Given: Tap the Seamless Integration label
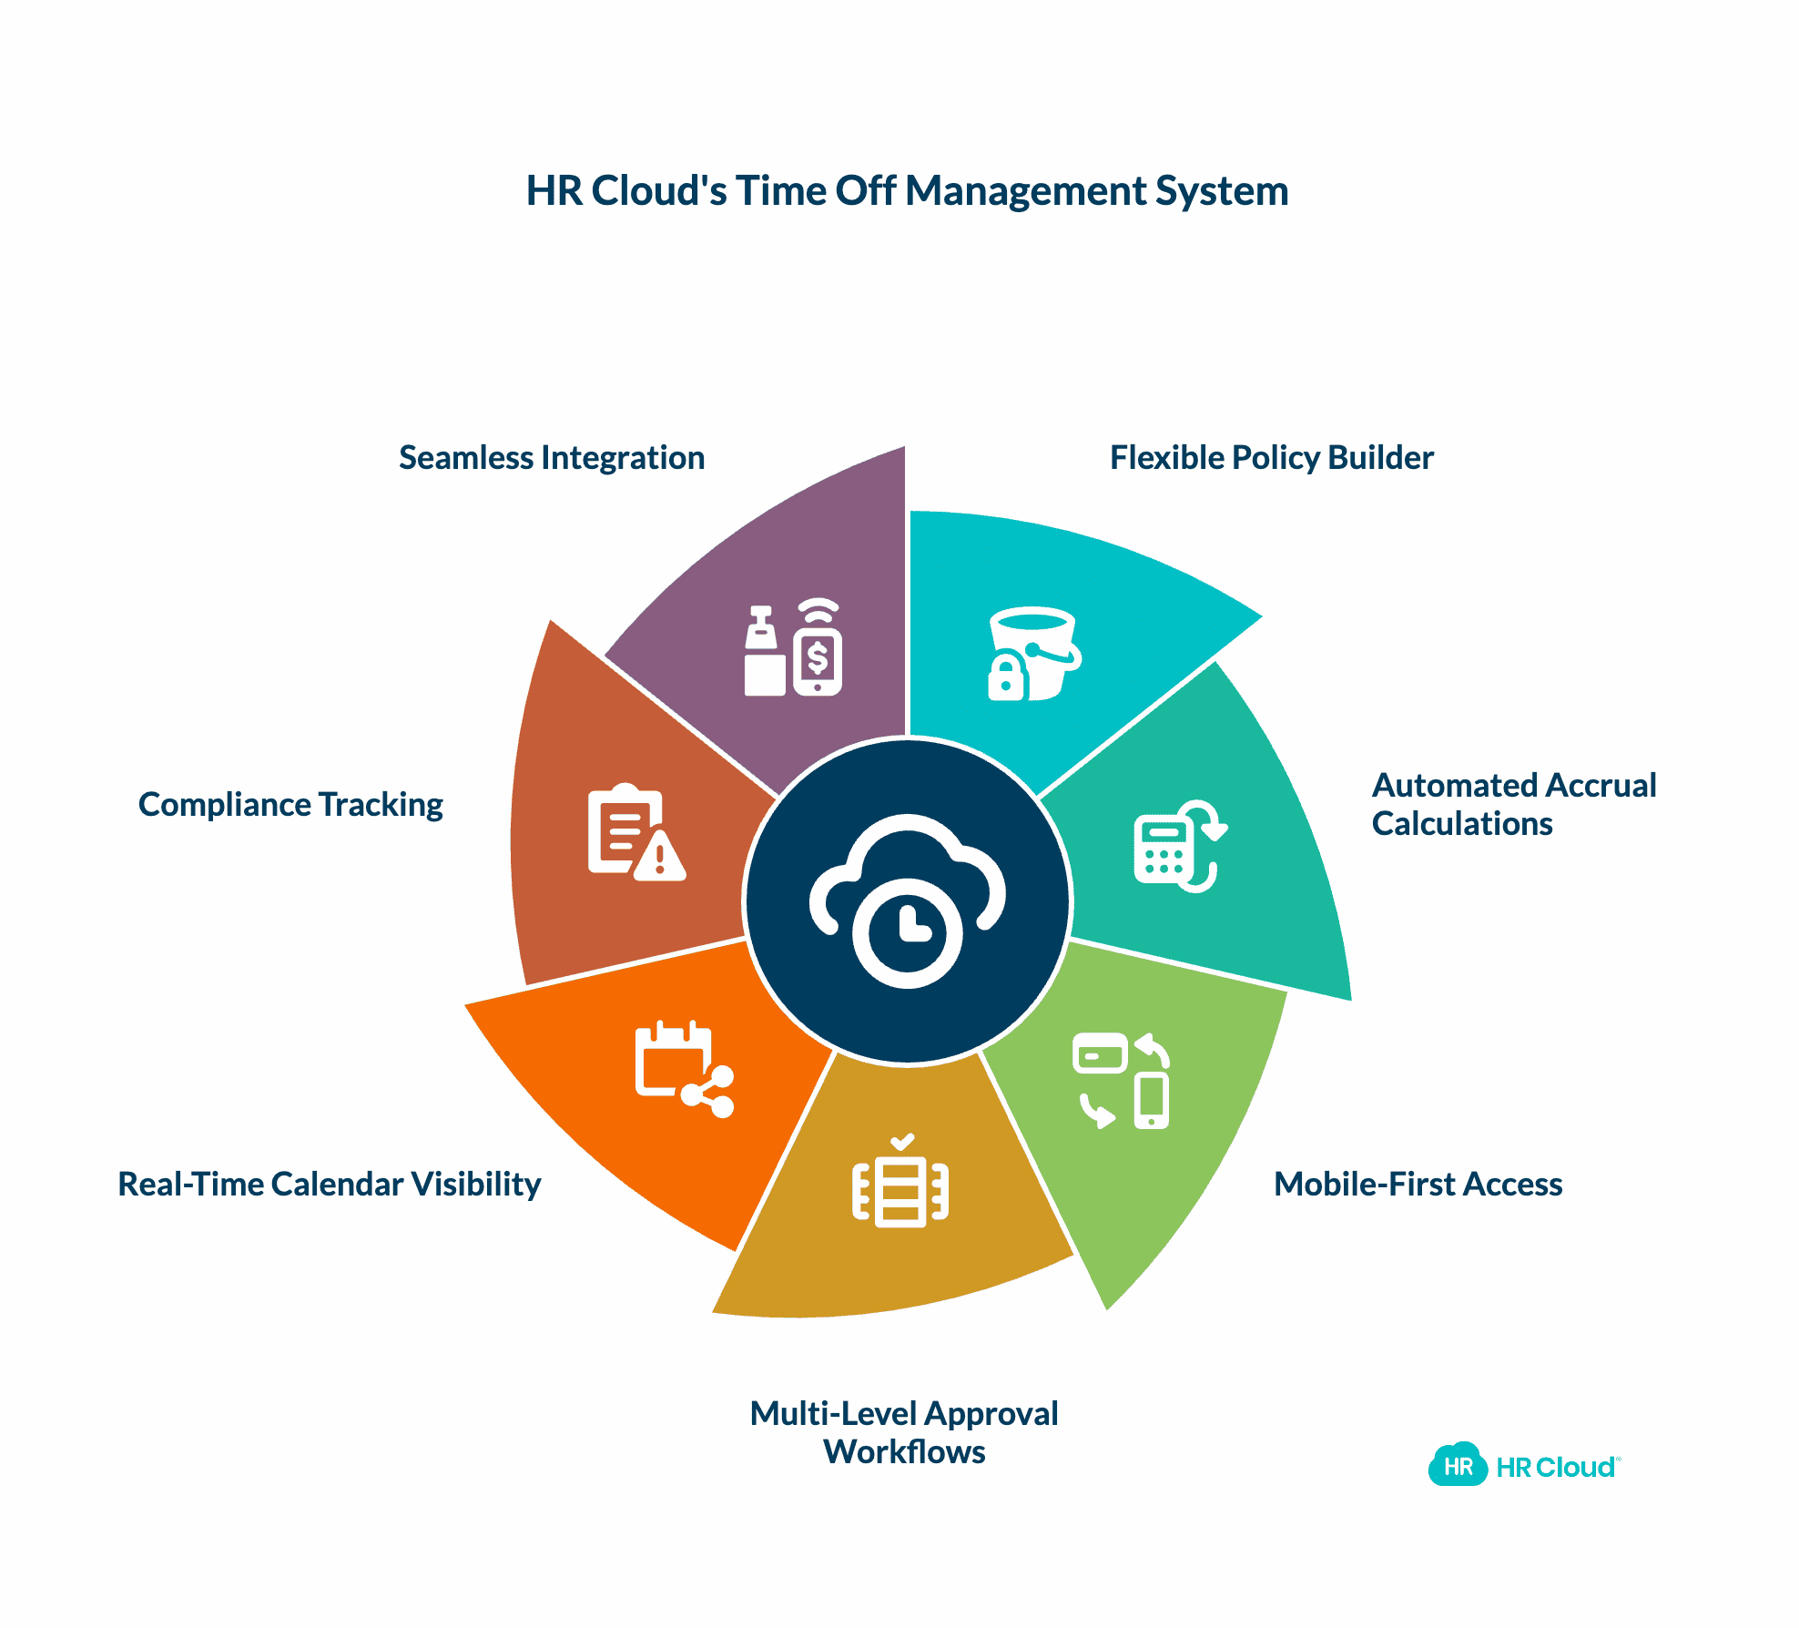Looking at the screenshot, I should pyautogui.click(x=552, y=458).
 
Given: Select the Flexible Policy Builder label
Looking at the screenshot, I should pyautogui.click(x=1271, y=458).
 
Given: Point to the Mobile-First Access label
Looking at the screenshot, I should pyautogui.click(x=1418, y=1184).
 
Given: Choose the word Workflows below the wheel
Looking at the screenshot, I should pyautogui.click(x=904, y=1451).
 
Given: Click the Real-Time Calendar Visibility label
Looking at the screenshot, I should pyautogui.click(x=330, y=1184).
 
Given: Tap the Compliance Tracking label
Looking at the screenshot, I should pyautogui.click(x=290, y=805).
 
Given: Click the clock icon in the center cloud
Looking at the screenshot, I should pyautogui.click(x=908, y=932).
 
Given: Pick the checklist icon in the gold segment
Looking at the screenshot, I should pyautogui.click(x=900, y=1183).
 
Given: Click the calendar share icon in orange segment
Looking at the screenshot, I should pyautogui.click(x=683, y=1070).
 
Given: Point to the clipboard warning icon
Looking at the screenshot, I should pyautogui.click(x=635, y=832).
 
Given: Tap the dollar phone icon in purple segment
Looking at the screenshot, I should pyautogui.click(x=817, y=648).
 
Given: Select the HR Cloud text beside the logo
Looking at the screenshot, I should pyautogui.click(x=1555, y=1468).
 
